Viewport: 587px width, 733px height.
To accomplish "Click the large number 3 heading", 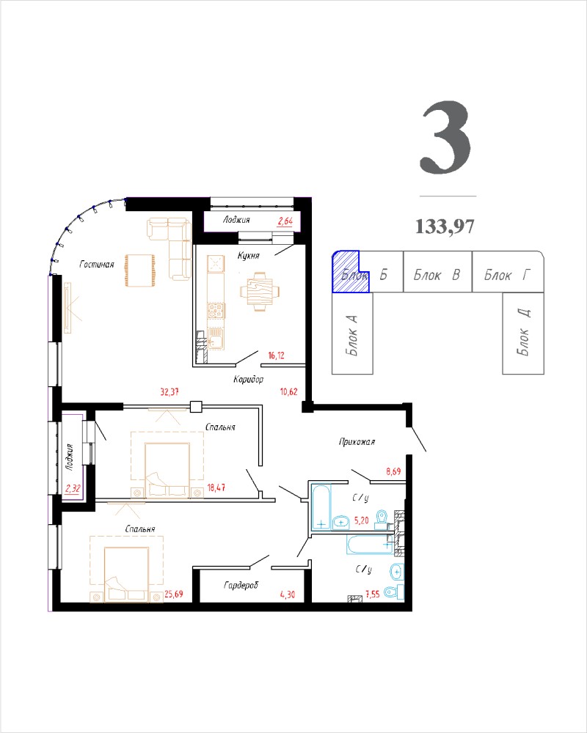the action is tap(445, 138).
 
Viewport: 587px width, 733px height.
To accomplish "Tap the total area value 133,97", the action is tap(445, 226).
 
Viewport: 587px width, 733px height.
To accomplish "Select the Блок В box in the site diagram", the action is tap(437, 272).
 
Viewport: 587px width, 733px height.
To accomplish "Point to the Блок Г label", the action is tap(508, 274).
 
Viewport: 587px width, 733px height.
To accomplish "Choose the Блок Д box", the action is tap(523, 334).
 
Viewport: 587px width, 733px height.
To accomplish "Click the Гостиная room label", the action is tap(97, 265).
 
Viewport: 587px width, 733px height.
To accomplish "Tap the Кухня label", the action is tap(248, 256).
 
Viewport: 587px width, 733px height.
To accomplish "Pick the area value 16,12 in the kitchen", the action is tap(276, 356).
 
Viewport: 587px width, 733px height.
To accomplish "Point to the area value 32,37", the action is tap(169, 391).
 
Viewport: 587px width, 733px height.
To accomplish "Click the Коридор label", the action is tap(249, 379).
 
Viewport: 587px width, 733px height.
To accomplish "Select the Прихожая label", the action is tap(357, 441).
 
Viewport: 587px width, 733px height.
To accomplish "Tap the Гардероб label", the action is tap(241, 585).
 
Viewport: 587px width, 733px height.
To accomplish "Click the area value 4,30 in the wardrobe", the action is tap(288, 594).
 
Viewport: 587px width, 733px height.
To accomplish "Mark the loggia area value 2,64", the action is tap(285, 221).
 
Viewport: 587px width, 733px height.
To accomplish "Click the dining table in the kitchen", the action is tap(260, 292).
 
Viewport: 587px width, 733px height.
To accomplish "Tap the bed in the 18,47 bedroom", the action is tap(167, 470).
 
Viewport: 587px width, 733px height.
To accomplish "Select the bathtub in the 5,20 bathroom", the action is tap(321, 508).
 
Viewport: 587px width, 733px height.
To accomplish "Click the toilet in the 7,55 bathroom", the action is tap(394, 592).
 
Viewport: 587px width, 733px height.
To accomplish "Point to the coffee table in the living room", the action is tap(139, 270).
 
